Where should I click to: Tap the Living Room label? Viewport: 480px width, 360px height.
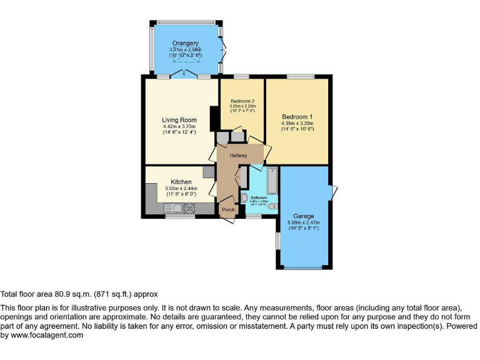click(x=179, y=120)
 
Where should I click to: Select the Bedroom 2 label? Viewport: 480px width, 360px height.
click(x=242, y=101)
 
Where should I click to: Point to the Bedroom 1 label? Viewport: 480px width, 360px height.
click(x=297, y=117)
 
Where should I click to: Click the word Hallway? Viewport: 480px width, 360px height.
click(x=238, y=156)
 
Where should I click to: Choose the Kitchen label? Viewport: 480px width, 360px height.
click(x=181, y=182)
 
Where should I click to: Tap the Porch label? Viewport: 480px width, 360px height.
click(x=228, y=209)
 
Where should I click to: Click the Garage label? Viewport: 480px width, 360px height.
click(x=304, y=216)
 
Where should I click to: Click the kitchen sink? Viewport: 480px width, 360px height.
click(x=172, y=209)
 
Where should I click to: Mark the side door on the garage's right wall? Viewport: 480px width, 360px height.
click(x=334, y=190)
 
